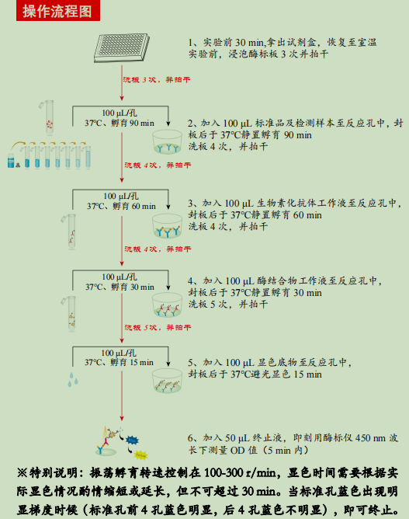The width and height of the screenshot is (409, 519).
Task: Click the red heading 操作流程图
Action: point(56,11)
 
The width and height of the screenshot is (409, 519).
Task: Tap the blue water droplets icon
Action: point(75,380)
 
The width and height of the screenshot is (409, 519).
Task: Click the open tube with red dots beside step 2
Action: point(50,117)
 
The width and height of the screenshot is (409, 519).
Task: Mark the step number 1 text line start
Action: point(192,42)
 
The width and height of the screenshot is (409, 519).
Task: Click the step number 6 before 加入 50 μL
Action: point(192,437)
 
